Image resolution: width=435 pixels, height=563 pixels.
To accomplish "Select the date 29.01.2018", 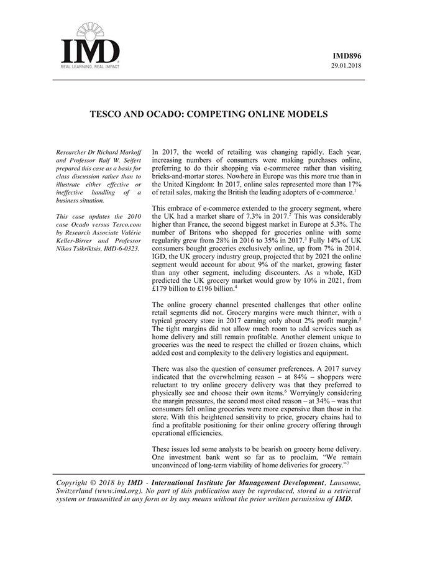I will (x=348, y=65).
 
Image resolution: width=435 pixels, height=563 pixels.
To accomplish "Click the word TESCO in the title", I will (x=109, y=114).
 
